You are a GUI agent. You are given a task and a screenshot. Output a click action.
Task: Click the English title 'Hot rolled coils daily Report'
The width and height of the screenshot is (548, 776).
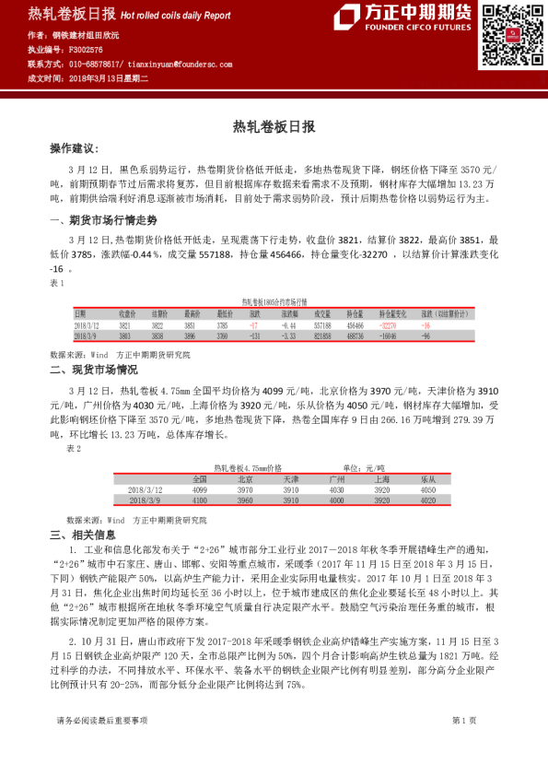[176, 16]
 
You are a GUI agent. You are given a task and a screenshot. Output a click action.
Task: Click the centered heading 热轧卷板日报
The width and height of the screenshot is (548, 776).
[274, 126]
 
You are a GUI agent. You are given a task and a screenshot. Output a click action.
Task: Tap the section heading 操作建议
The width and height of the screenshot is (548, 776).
[73, 148]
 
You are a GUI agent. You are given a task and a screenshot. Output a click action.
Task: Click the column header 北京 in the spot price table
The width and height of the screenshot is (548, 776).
[245, 479]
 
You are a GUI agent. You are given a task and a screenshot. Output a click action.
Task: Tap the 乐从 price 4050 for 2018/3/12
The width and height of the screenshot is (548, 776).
[427, 489]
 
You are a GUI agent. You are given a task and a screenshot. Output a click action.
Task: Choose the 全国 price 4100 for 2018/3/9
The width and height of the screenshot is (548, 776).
[200, 500]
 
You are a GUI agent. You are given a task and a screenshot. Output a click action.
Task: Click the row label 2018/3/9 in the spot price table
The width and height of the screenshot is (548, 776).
[146, 500]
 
